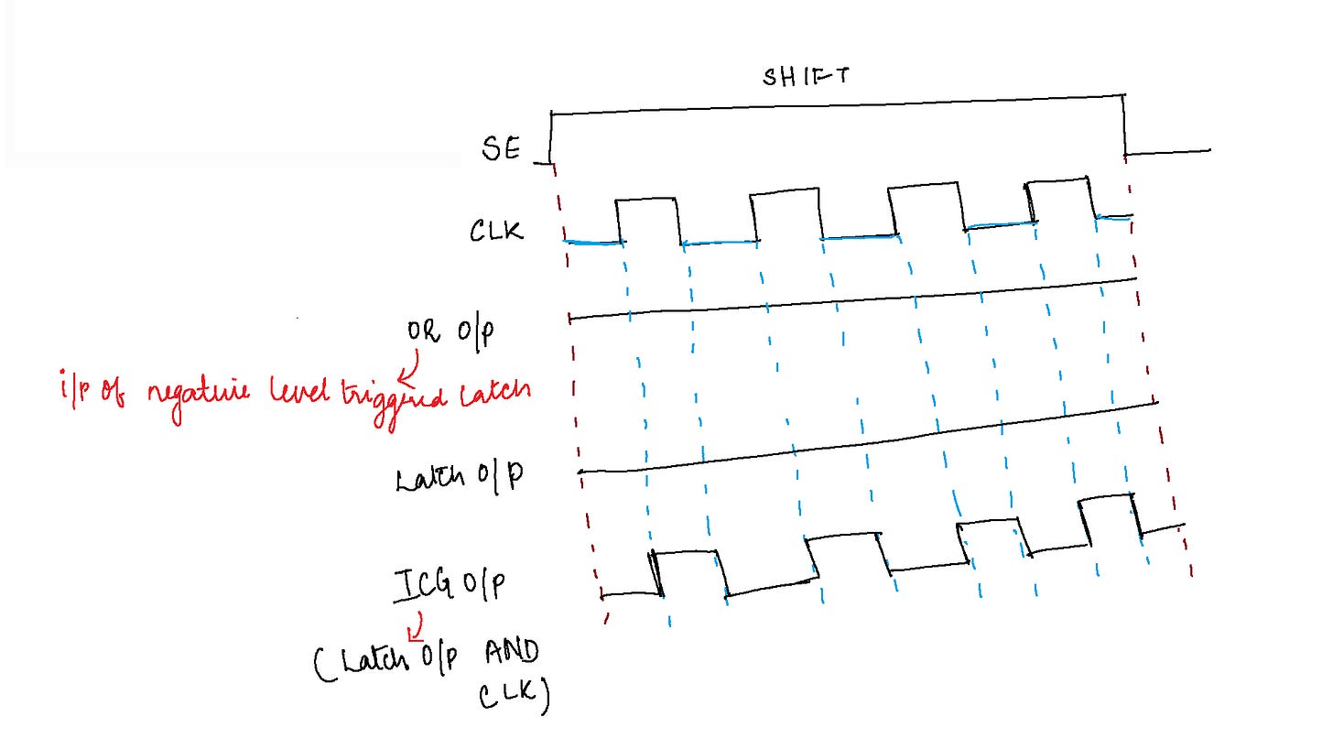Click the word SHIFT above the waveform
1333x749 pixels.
click(806, 76)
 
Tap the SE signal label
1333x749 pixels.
click(501, 149)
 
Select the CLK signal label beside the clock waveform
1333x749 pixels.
click(496, 231)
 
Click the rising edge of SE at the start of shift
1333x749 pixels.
click(551, 137)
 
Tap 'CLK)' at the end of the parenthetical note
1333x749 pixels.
click(515, 698)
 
